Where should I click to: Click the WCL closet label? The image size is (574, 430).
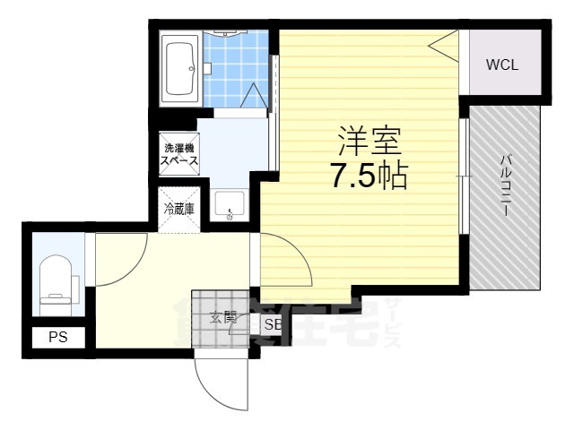click(x=502, y=65)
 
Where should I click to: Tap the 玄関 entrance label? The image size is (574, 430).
click(x=222, y=315)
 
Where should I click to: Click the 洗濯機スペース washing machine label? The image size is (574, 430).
click(x=179, y=154)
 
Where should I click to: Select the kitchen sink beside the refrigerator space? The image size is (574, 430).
click(x=230, y=207)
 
